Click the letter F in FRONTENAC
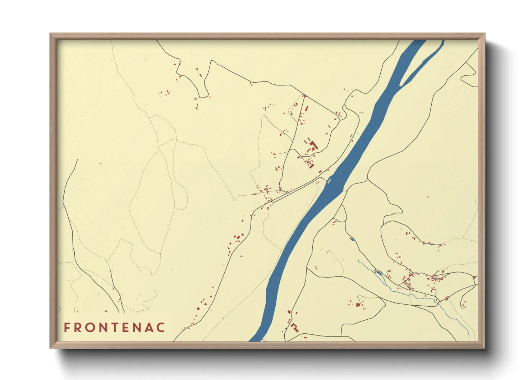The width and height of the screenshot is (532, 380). pyautogui.click(x=67, y=328)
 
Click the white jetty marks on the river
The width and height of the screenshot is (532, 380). pyautogui.click(x=328, y=181)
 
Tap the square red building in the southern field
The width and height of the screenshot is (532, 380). pyautogui.click(x=358, y=305)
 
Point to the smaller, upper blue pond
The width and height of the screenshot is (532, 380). pyautogui.click(x=352, y=239)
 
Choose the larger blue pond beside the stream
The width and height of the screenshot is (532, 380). pyautogui.click(x=378, y=273)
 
